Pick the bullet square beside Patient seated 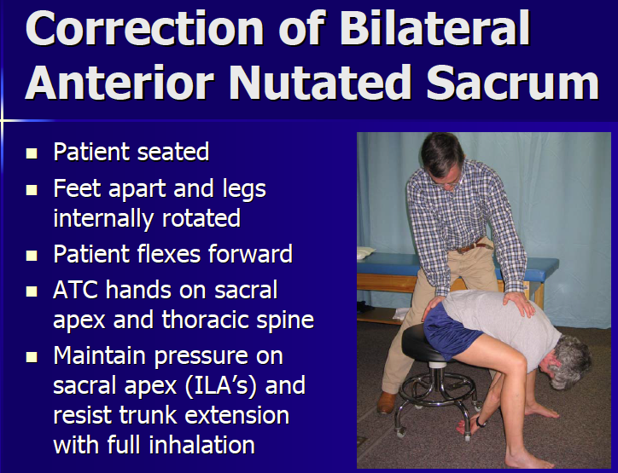[x=32, y=154]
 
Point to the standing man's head [x=441, y=155]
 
